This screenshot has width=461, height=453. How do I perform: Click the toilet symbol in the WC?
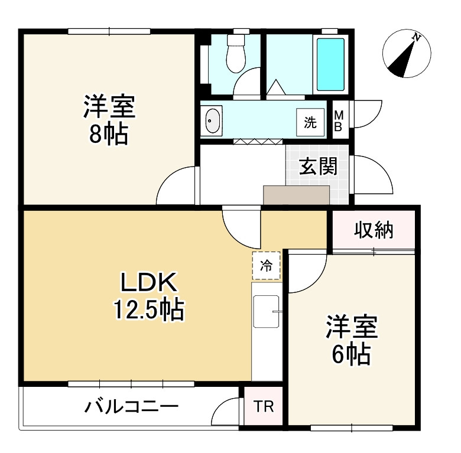(236, 54)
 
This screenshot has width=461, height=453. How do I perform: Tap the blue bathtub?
(330, 64)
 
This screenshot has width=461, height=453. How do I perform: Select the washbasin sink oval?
(212, 120)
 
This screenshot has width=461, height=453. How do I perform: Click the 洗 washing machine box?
(310, 122)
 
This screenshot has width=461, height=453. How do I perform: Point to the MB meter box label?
(339, 120)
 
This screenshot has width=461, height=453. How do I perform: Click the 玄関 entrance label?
(318, 167)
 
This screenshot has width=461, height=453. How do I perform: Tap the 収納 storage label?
(374, 230)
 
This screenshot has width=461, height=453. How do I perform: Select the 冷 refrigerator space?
(266, 266)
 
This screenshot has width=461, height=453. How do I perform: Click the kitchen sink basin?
(266, 311)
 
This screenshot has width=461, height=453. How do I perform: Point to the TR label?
(264, 406)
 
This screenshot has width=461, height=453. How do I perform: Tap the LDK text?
(149, 282)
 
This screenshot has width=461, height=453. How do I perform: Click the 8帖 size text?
(109, 135)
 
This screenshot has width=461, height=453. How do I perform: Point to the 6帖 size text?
(351, 354)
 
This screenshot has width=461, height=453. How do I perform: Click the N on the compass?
(416, 37)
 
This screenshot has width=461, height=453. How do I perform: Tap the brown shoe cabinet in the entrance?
(296, 195)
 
